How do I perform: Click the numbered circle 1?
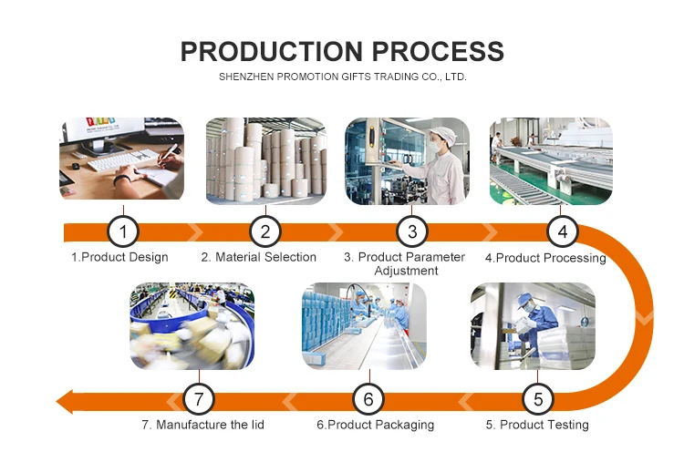122,231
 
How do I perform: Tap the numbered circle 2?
264,231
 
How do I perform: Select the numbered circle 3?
412,231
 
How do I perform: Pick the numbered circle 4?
562,231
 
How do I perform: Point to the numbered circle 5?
538,398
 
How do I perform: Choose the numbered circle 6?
368,398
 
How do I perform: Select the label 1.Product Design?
119,258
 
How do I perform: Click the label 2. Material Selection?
259,258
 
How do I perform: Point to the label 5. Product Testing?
537,425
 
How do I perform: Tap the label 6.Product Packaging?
375,425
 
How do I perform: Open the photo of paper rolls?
265,160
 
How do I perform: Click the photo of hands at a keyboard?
121,159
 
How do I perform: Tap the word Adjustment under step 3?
405,271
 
